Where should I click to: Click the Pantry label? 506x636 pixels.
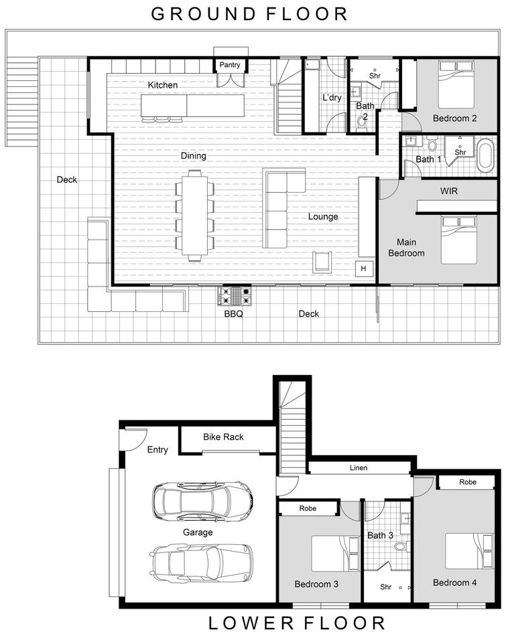click(x=231, y=65)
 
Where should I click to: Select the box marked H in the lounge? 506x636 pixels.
click(x=364, y=268)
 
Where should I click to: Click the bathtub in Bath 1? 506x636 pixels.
click(x=484, y=153)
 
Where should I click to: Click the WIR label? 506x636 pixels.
click(x=448, y=191)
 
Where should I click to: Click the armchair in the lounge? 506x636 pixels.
click(x=322, y=261)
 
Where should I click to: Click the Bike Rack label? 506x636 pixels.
click(x=223, y=437)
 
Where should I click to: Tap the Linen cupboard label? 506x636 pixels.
click(x=359, y=468)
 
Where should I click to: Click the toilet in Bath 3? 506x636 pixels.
click(x=400, y=547)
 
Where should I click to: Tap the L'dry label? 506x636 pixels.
click(x=332, y=98)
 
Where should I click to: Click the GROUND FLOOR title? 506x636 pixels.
click(x=249, y=13)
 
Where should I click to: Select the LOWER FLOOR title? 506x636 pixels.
click(x=297, y=623)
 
